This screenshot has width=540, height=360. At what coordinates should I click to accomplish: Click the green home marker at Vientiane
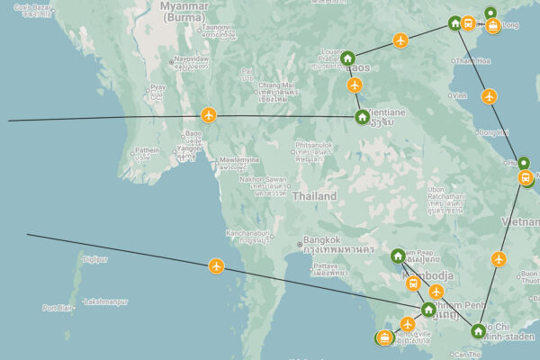362,116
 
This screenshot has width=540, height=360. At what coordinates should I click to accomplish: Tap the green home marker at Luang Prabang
347,58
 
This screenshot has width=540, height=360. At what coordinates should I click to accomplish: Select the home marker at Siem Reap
398,256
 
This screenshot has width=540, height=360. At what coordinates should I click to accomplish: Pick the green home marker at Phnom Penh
428,310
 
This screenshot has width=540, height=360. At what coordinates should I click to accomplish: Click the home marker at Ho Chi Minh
477,331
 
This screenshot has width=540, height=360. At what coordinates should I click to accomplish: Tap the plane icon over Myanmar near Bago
209,115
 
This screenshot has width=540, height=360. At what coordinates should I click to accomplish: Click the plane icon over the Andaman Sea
216,265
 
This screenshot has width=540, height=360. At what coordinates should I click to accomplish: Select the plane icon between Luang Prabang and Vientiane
355,85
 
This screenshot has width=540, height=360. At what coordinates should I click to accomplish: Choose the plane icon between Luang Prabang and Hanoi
400,40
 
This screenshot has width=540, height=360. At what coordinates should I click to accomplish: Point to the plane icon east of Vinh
488,95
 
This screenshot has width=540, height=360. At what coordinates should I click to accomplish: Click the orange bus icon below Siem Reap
413,283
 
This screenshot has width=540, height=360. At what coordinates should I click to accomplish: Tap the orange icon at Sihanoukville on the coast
385,337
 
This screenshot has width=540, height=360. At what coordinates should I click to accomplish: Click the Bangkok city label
321,240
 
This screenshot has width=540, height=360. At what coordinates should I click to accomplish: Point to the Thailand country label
314,196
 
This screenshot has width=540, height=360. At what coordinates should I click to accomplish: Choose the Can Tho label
468,355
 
